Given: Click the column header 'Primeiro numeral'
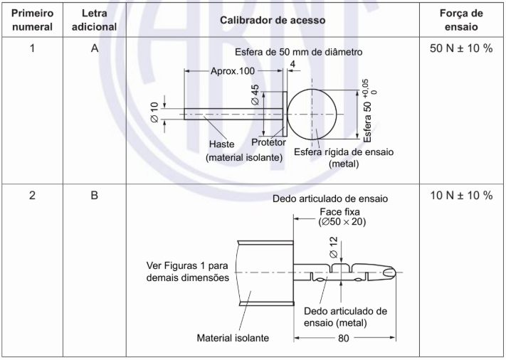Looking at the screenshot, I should pyautogui.click(x=31, y=20).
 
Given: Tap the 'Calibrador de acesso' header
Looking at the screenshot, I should pyautogui.click(x=273, y=20).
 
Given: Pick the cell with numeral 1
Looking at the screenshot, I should pyautogui.click(x=31, y=51).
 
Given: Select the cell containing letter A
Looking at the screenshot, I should pyautogui.click(x=95, y=51).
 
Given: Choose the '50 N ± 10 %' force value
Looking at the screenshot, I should pyautogui.click(x=461, y=51).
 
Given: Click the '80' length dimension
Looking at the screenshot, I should pyautogui.click(x=344, y=339).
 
